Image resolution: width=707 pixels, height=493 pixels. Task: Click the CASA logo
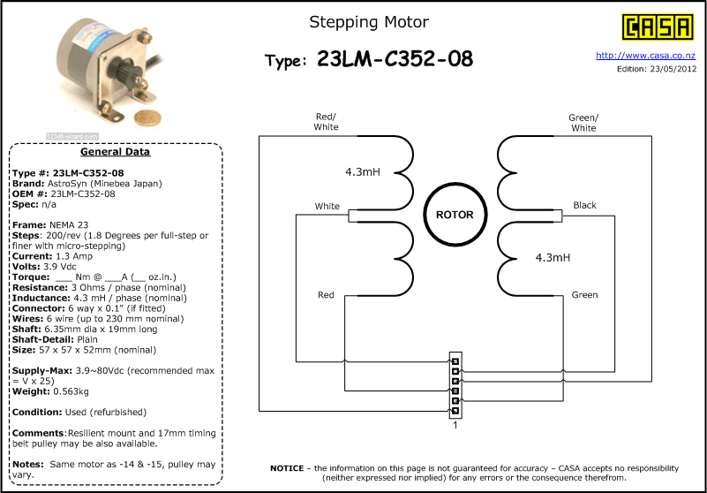click(x=658, y=27)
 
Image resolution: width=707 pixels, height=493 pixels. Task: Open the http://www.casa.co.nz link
click(x=646, y=56)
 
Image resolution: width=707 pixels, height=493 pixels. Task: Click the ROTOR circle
click(x=455, y=215)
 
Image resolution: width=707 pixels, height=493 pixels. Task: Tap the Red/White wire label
click(x=326, y=122)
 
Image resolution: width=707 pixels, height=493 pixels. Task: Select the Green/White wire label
click(x=583, y=123)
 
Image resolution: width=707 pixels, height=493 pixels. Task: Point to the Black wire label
click(x=584, y=205)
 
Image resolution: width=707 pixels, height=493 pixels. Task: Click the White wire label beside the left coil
click(x=327, y=206)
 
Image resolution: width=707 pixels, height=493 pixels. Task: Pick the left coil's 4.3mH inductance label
click(x=362, y=171)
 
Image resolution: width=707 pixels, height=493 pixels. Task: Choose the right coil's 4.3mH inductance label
click(x=553, y=258)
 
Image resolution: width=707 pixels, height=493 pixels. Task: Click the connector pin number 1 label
click(x=455, y=425)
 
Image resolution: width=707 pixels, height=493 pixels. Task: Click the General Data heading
click(x=115, y=151)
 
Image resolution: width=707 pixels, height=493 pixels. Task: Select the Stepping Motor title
click(x=369, y=22)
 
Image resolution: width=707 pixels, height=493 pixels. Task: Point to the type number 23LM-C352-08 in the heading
click(x=395, y=59)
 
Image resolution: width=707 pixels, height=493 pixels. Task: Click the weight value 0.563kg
click(x=73, y=391)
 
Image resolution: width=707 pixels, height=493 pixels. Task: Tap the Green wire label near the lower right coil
click(x=583, y=294)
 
